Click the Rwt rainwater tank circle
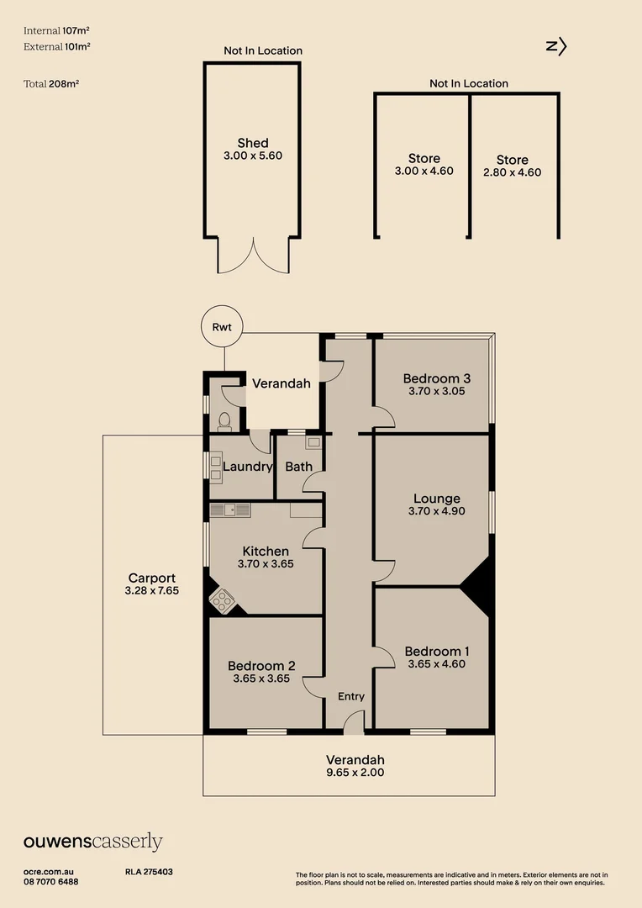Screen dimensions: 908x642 (222, 328)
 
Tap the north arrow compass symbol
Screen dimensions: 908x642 (557, 47)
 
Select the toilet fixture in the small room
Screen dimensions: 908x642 (224, 419)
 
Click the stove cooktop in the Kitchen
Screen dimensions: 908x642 (223, 599)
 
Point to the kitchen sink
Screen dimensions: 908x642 (230, 509)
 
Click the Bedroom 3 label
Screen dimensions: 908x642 (435, 377)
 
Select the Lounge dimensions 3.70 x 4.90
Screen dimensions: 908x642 (436, 511)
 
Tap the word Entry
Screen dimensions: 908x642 (351, 696)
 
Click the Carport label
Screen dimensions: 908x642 (152, 578)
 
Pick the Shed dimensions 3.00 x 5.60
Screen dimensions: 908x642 (253, 156)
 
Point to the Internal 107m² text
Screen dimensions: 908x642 (56, 30)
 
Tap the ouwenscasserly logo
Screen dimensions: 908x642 (92, 842)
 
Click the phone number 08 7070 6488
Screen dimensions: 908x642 (51, 882)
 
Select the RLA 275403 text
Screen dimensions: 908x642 (149, 873)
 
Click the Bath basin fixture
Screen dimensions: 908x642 (313, 442)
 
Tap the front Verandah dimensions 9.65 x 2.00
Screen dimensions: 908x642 (355, 772)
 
